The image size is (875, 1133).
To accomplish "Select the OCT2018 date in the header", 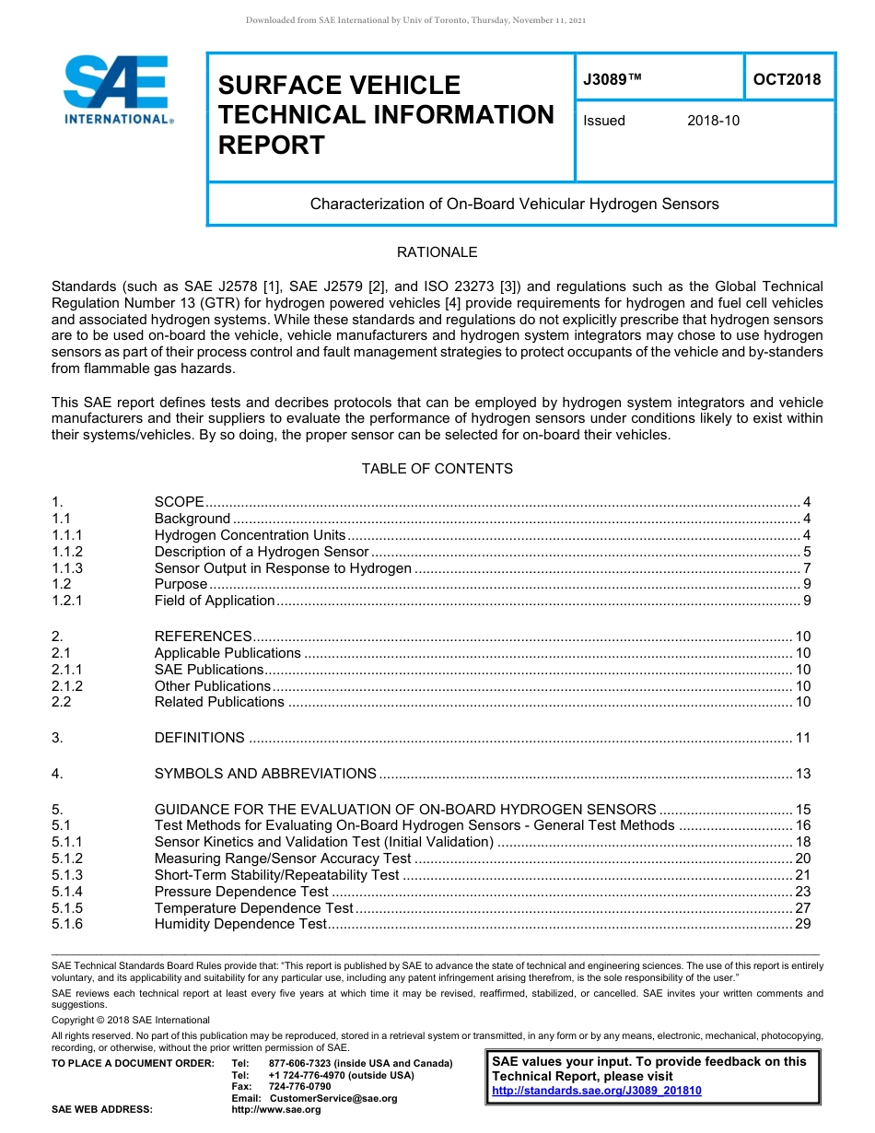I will point(787,79).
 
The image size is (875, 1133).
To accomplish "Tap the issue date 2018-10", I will point(713,121).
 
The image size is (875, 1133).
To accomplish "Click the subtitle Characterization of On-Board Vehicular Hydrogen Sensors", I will point(514,204).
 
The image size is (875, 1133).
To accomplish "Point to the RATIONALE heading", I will point(437,252).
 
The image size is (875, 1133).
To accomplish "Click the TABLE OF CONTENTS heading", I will point(437,469).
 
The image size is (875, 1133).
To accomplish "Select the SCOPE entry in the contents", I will point(180,502).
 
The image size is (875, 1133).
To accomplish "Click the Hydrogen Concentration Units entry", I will point(250,535).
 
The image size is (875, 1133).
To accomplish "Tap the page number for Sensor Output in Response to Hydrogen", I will point(806,568).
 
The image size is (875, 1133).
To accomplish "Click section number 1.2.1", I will point(67,601).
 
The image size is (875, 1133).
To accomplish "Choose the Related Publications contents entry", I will point(219,702).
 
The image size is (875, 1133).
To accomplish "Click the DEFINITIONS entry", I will point(200,738).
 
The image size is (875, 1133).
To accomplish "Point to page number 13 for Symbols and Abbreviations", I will point(802,774).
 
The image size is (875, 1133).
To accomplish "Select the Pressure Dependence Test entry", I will point(241,892).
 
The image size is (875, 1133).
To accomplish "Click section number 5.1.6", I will point(67,924).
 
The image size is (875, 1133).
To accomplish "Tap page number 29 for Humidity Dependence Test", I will point(802,924).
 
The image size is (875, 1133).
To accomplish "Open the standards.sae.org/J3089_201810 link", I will point(597,1091).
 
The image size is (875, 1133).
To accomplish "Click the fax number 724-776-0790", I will point(299,1087).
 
